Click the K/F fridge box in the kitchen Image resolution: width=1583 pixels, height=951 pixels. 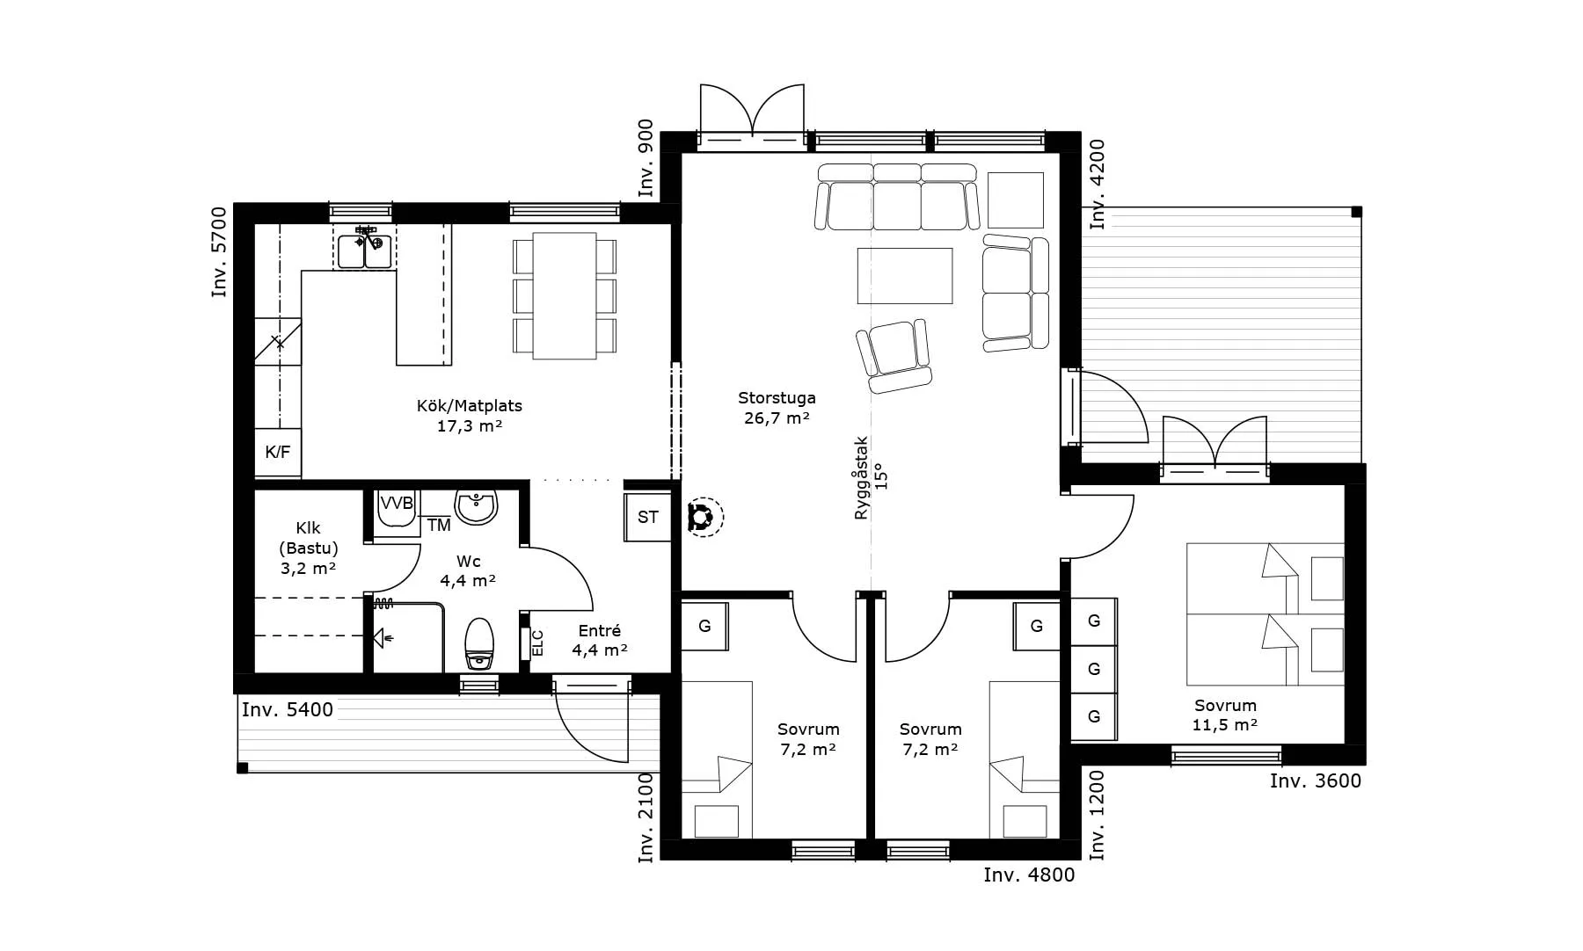click(278, 453)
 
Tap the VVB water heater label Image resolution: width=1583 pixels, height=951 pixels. click(396, 504)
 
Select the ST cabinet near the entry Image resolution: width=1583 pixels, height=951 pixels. click(647, 517)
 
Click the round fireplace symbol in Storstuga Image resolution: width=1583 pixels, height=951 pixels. click(702, 517)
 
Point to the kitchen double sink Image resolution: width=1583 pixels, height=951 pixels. click(365, 247)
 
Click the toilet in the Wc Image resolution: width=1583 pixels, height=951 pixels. click(479, 643)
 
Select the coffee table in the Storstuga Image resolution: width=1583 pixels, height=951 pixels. click(905, 276)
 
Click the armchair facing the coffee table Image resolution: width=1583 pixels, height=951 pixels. click(894, 356)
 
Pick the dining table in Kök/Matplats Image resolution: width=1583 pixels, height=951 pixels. click(565, 295)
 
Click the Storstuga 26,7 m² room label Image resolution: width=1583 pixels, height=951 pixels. click(777, 409)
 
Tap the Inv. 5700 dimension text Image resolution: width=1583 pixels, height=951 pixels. click(219, 251)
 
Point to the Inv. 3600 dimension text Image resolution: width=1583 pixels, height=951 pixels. click(1316, 780)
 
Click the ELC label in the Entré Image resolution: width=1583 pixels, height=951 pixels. click(538, 642)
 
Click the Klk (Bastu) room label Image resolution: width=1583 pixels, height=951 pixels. click(308, 548)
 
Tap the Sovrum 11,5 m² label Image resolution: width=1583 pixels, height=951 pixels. click(1225, 715)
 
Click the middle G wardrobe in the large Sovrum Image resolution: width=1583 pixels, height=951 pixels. click(1094, 670)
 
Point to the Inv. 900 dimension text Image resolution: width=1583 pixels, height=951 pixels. click(646, 158)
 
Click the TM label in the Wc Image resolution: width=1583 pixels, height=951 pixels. click(439, 526)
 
